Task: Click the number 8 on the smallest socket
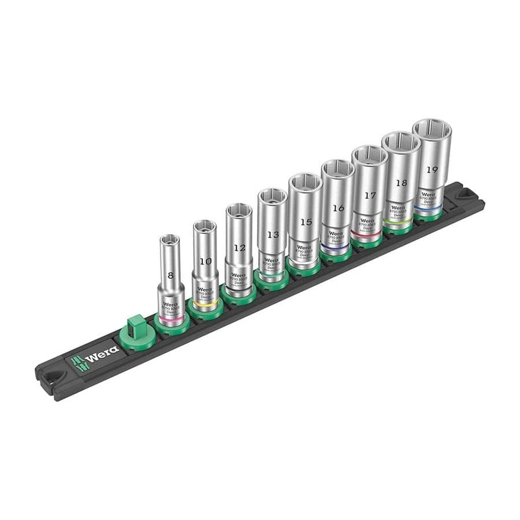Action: click(x=171, y=276)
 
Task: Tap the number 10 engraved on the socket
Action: click(x=205, y=261)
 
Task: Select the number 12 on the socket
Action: click(x=239, y=248)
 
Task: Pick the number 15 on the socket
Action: click(x=305, y=222)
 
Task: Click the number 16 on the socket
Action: click(x=337, y=209)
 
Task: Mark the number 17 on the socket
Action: click(x=370, y=195)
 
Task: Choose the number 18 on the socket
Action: click(x=401, y=183)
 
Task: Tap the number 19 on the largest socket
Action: click(x=432, y=169)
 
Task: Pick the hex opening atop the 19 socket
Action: click(x=432, y=129)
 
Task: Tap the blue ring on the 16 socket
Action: click(x=335, y=247)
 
